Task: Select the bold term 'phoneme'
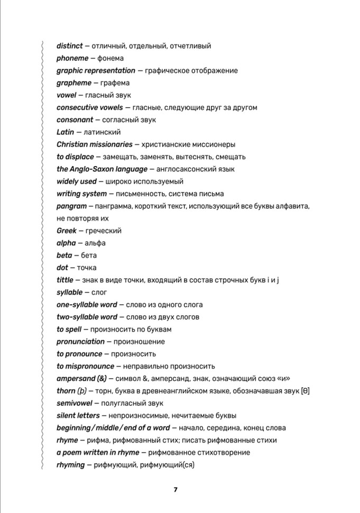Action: (72, 58)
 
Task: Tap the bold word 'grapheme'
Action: (73, 83)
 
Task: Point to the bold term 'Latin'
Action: (65, 132)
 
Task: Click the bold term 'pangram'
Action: (71, 206)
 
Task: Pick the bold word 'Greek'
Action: (67, 231)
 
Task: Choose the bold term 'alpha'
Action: (66, 243)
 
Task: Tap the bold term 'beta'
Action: (64, 255)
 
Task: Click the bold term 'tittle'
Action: (65, 280)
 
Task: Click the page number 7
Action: (175, 489)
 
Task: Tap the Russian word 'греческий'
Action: (104, 231)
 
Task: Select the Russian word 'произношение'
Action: (140, 342)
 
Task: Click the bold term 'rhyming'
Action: (70, 465)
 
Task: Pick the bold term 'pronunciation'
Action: (80, 342)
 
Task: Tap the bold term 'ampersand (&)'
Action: (81, 379)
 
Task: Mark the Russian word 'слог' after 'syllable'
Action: (99, 292)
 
